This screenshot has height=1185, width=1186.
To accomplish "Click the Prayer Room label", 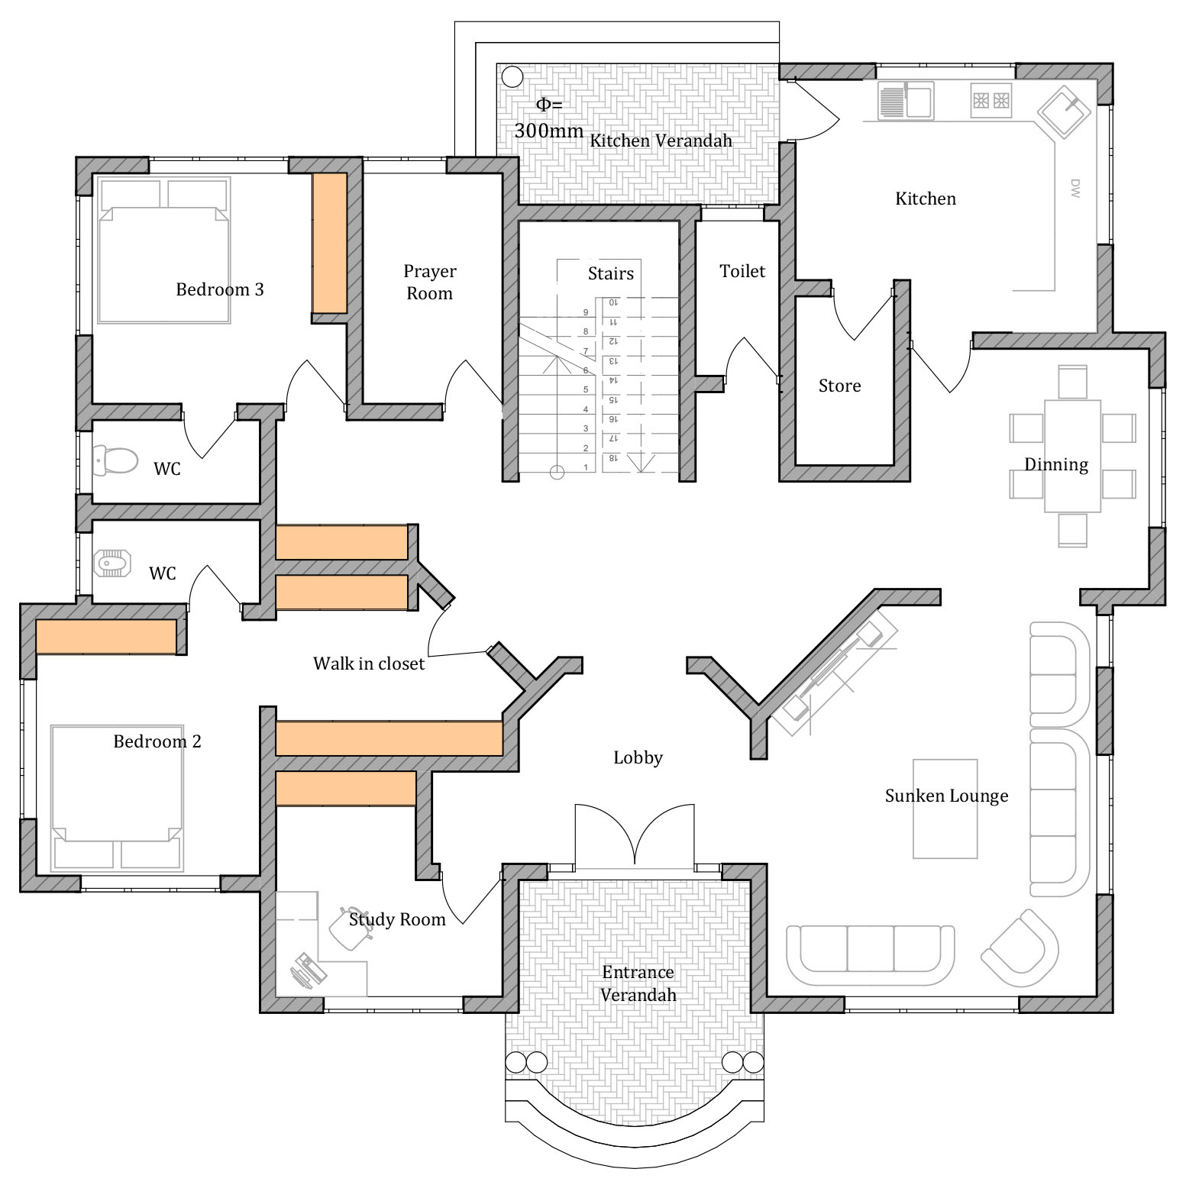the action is (429, 283).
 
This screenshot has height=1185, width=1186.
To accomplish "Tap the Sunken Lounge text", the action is (946, 796).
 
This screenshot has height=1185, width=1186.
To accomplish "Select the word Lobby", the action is (638, 757).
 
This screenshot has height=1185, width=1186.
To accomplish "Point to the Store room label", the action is (839, 386).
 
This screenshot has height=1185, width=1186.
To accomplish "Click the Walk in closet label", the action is (369, 664).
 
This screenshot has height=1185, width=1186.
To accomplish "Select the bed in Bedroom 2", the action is (118, 798).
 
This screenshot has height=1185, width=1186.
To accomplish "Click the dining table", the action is (1072, 456).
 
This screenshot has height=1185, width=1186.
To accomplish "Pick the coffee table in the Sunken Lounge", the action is (945, 809).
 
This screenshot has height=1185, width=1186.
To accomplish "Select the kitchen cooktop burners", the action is (991, 100).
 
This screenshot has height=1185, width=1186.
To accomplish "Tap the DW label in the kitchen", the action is (1075, 189).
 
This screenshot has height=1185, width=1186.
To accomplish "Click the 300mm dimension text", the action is (549, 131).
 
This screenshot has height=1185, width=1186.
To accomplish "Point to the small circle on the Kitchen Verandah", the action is (512, 77).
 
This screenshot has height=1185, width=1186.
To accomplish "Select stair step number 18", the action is (612, 458).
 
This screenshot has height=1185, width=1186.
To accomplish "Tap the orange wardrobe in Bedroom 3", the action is (330, 243).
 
